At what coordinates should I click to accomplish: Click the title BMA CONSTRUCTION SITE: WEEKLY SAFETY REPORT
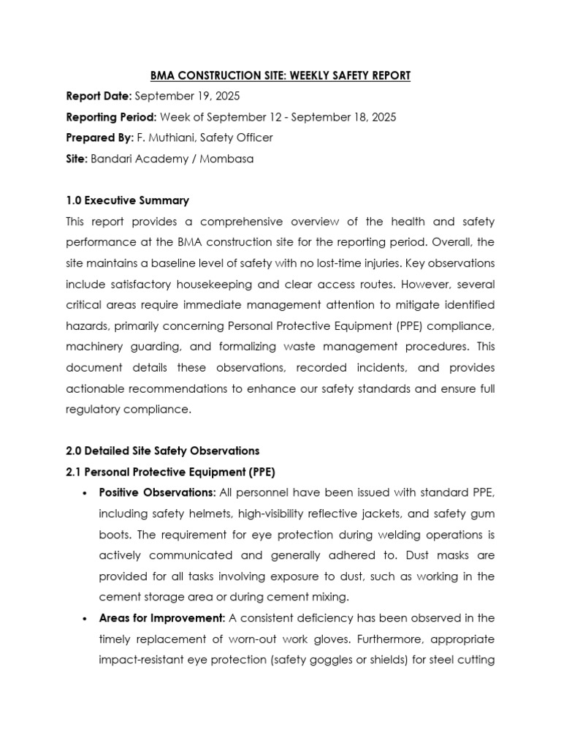pos(280,75)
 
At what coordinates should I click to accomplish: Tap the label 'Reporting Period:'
pos(111,117)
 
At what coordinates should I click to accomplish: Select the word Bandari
pos(110,159)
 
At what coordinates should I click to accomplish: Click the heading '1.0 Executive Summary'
pos(127,200)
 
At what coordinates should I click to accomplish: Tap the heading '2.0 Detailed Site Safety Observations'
pos(162,451)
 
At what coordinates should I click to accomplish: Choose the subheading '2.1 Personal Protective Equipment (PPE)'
pos(169,471)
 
